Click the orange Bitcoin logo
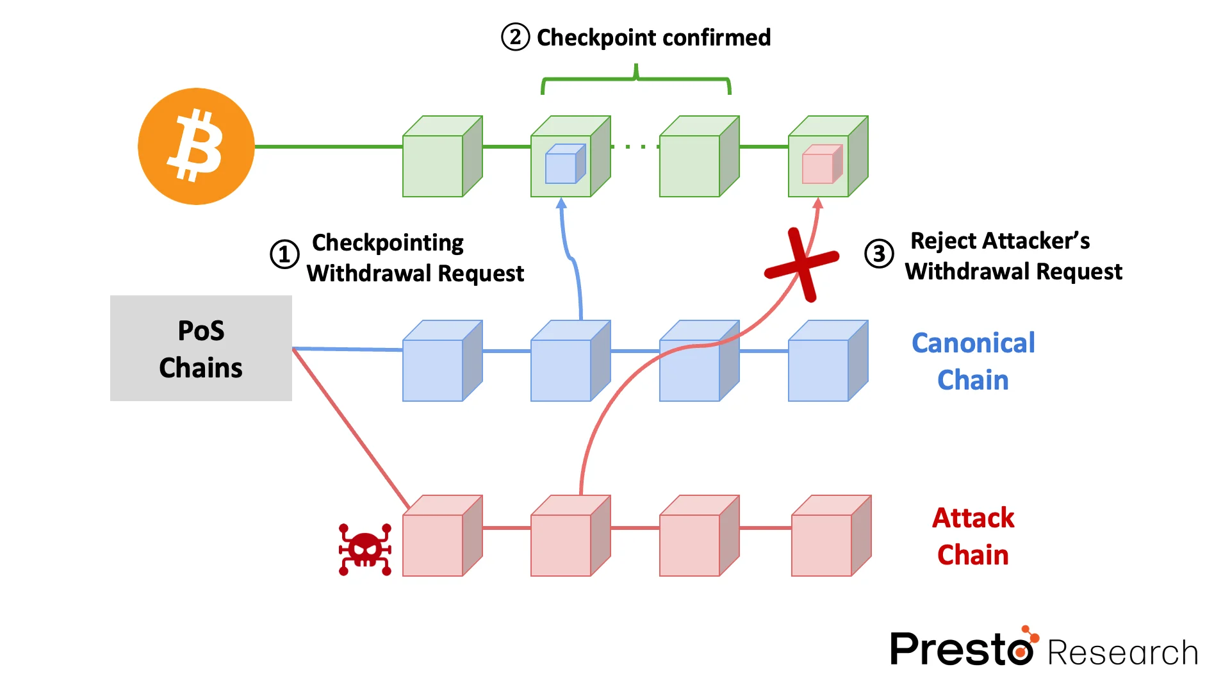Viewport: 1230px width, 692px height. (x=196, y=146)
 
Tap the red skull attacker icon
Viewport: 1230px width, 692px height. (x=365, y=550)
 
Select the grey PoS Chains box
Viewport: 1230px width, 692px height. (x=201, y=348)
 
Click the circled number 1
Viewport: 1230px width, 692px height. (x=284, y=254)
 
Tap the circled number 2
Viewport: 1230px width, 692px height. (x=515, y=37)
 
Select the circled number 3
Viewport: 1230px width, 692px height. (x=879, y=254)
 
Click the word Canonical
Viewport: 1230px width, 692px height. (x=972, y=343)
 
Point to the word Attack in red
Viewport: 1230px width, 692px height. (x=972, y=518)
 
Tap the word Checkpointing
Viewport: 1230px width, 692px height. (x=388, y=243)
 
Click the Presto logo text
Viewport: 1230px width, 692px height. (x=961, y=648)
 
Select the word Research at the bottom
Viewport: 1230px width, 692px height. (x=1122, y=653)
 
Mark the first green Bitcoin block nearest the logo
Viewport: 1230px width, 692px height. (x=441, y=157)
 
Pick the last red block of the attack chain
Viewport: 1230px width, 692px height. (x=830, y=536)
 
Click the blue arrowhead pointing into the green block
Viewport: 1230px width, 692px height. (x=561, y=204)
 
